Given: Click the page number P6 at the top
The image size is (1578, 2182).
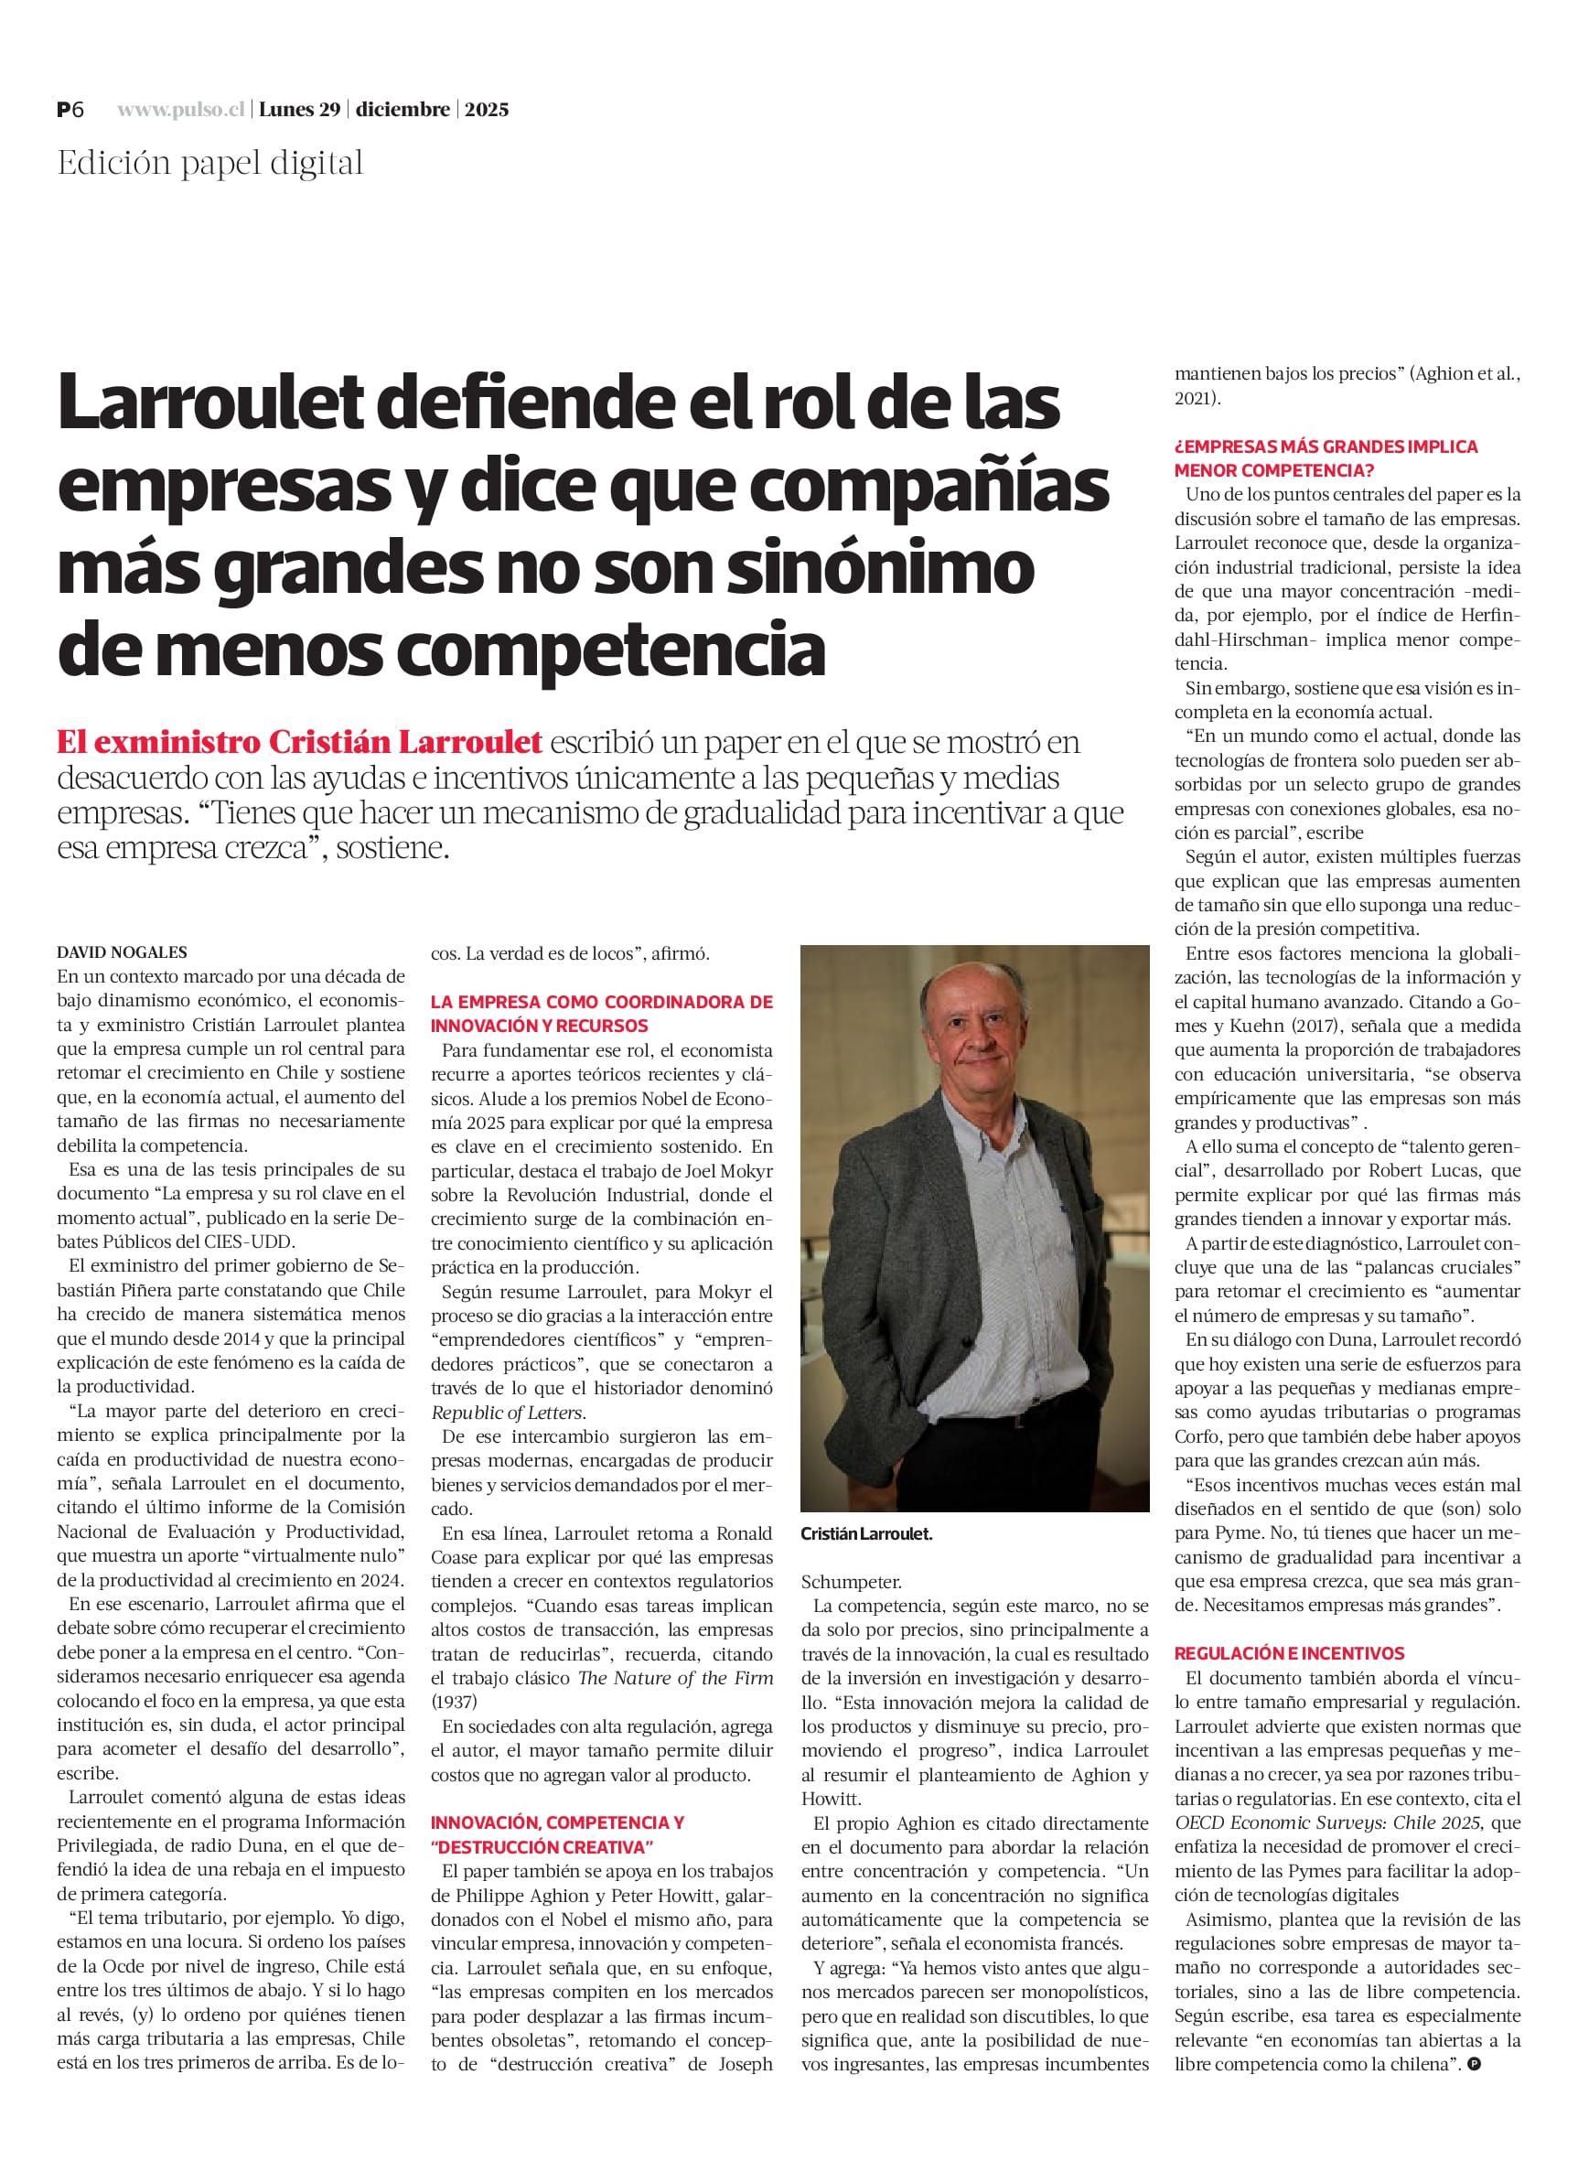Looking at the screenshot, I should [x=70, y=110].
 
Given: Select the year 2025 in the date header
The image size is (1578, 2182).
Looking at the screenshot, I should [x=487, y=110].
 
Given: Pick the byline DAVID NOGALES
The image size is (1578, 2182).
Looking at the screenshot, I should [x=123, y=952].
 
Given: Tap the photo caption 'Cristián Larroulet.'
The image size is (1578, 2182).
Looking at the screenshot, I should [x=866, y=1535].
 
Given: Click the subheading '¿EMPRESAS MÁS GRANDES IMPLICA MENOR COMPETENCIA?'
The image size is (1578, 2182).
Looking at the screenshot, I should [x=1325, y=459].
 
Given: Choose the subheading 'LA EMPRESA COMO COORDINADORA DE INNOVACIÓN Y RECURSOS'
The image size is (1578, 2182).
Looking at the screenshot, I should [x=601, y=1013].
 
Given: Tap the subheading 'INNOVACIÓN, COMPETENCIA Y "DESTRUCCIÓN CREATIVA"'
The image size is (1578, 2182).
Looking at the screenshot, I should [x=557, y=1834].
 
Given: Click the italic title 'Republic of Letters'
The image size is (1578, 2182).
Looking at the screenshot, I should [x=507, y=1413].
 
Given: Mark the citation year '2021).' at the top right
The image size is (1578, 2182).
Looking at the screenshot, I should [x=1197, y=398].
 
